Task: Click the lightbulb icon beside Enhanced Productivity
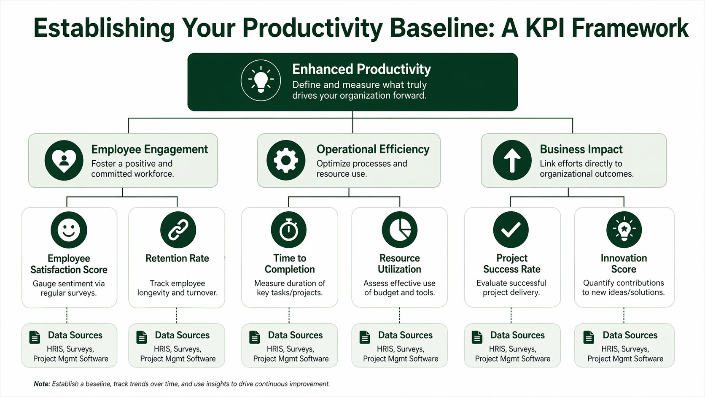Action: pos(261,80)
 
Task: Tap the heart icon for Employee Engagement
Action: pos(64,161)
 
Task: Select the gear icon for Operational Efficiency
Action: pos(286,161)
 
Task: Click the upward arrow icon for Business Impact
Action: pos(512,161)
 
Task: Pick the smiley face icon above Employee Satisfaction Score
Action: pos(69,230)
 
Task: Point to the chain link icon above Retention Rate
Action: pos(178,230)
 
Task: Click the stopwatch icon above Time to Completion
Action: pos(289,230)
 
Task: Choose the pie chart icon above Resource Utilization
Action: pos(399,230)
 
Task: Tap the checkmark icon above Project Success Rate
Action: pos(511,230)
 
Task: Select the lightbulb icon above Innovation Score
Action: pos(624,230)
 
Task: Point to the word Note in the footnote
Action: pos(42,384)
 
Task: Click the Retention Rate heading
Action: pos(177,258)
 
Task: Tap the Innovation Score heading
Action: pos(624,264)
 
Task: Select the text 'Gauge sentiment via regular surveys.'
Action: pos(69,288)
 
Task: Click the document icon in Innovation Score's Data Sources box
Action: pos(589,337)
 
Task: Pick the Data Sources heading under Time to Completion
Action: pos(295,335)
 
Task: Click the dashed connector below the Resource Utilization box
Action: pos(399,315)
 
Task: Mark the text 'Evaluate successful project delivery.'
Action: pos(511,288)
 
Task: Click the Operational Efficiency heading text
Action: pos(373,149)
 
